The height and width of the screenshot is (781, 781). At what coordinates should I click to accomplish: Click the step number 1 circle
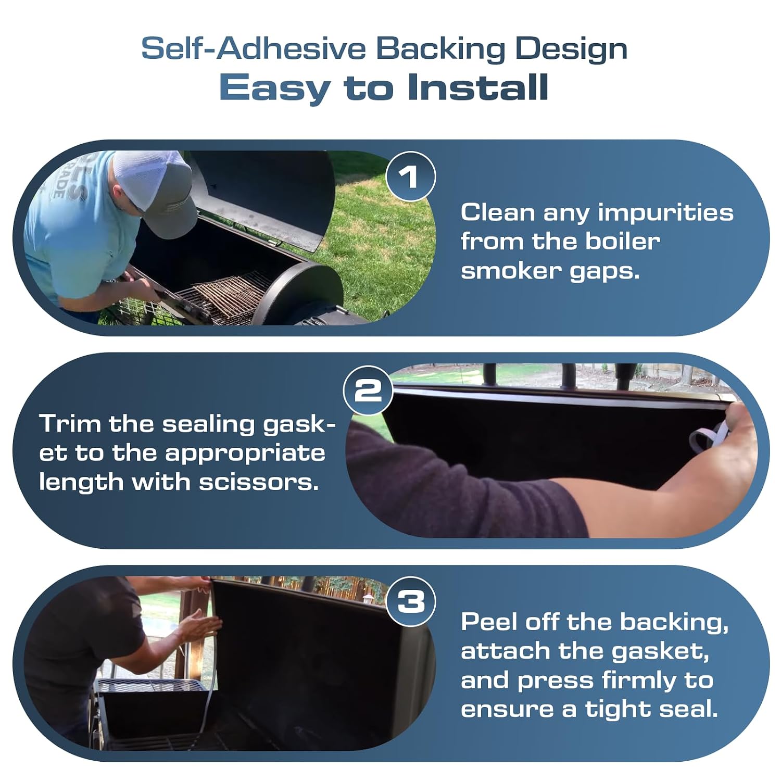(x=410, y=176)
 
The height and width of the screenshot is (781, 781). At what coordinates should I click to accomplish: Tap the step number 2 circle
(x=368, y=391)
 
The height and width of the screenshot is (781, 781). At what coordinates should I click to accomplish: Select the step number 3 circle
(x=411, y=601)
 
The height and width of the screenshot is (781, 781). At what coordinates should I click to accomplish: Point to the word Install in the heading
(x=478, y=87)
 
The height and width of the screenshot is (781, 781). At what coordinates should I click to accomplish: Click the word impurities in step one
(x=665, y=213)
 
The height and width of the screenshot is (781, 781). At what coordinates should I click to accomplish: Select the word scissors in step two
(x=259, y=482)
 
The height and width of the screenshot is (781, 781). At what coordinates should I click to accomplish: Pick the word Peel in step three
(x=489, y=622)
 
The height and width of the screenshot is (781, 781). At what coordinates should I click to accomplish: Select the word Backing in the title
(x=440, y=49)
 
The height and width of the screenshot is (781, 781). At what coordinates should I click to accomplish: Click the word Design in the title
(x=571, y=49)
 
